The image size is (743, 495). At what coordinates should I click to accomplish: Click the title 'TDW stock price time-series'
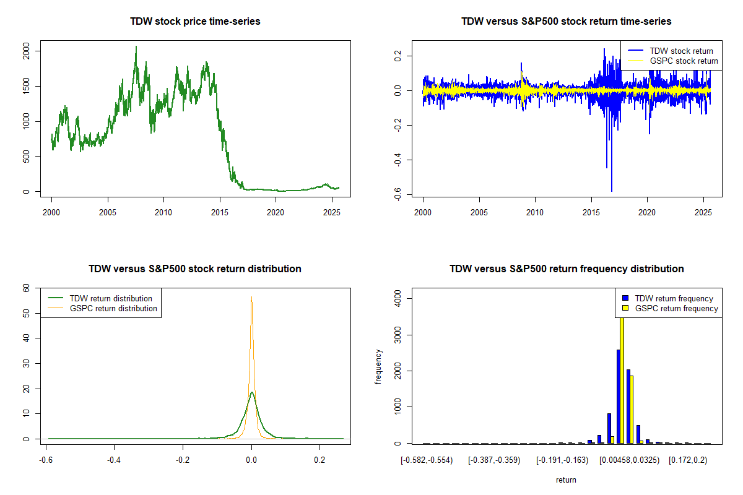coord(195,22)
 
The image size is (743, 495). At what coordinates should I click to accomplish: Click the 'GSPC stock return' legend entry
coord(684,61)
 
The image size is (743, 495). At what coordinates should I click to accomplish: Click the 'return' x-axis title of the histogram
coord(566,480)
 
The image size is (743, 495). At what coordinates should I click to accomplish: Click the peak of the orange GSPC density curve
coord(251,297)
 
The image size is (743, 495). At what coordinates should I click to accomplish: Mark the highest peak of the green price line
coord(136,46)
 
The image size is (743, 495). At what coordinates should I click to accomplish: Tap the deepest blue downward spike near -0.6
coord(612,191)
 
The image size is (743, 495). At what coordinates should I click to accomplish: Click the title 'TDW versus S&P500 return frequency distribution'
coord(567,269)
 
